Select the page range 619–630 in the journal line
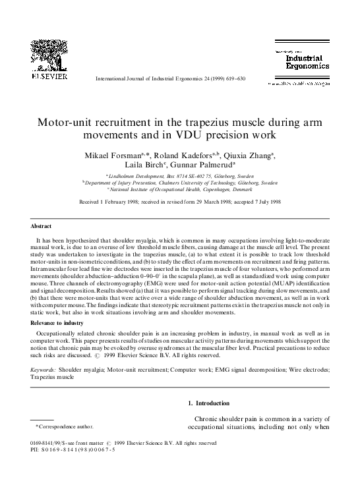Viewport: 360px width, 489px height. pos(250,78)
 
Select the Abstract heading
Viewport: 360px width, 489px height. pos(43,226)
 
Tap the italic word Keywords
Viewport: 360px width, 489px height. pos(44,353)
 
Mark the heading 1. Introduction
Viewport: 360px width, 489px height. pos(209,403)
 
